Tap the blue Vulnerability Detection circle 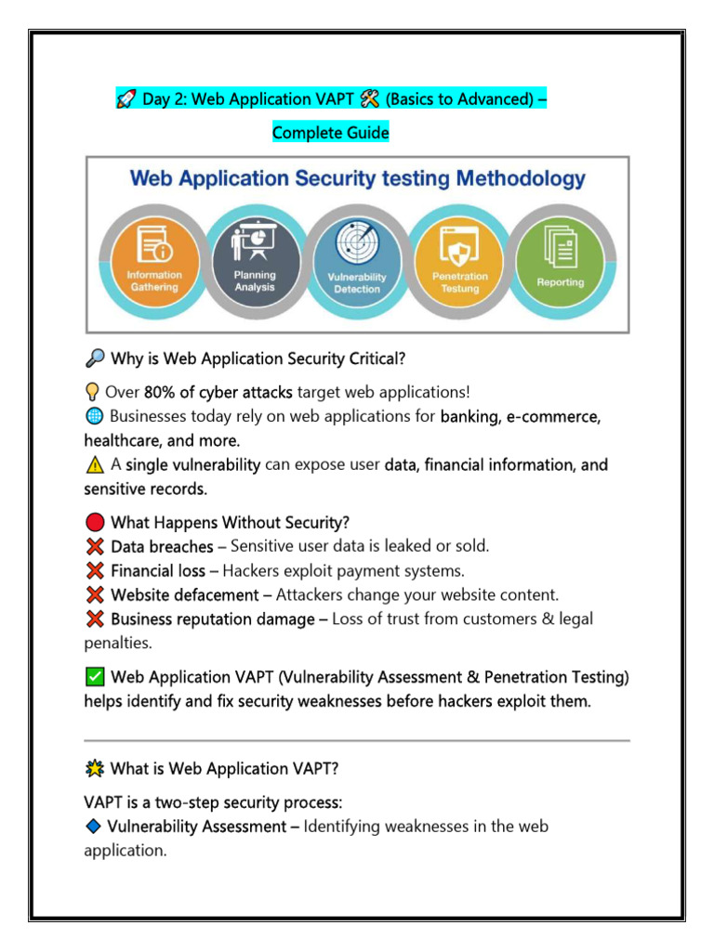click(357, 257)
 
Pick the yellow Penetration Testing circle click(459, 257)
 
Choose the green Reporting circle click(560, 257)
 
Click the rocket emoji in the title click(126, 99)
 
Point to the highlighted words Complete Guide click(330, 133)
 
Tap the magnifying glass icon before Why click(94, 358)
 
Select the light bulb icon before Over click(93, 393)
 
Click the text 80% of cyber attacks click(218, 393)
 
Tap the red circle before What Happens click(94, 523)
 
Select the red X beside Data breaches click(94, 547)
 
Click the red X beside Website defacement click(94, 594)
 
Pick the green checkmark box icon click(94, 678)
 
